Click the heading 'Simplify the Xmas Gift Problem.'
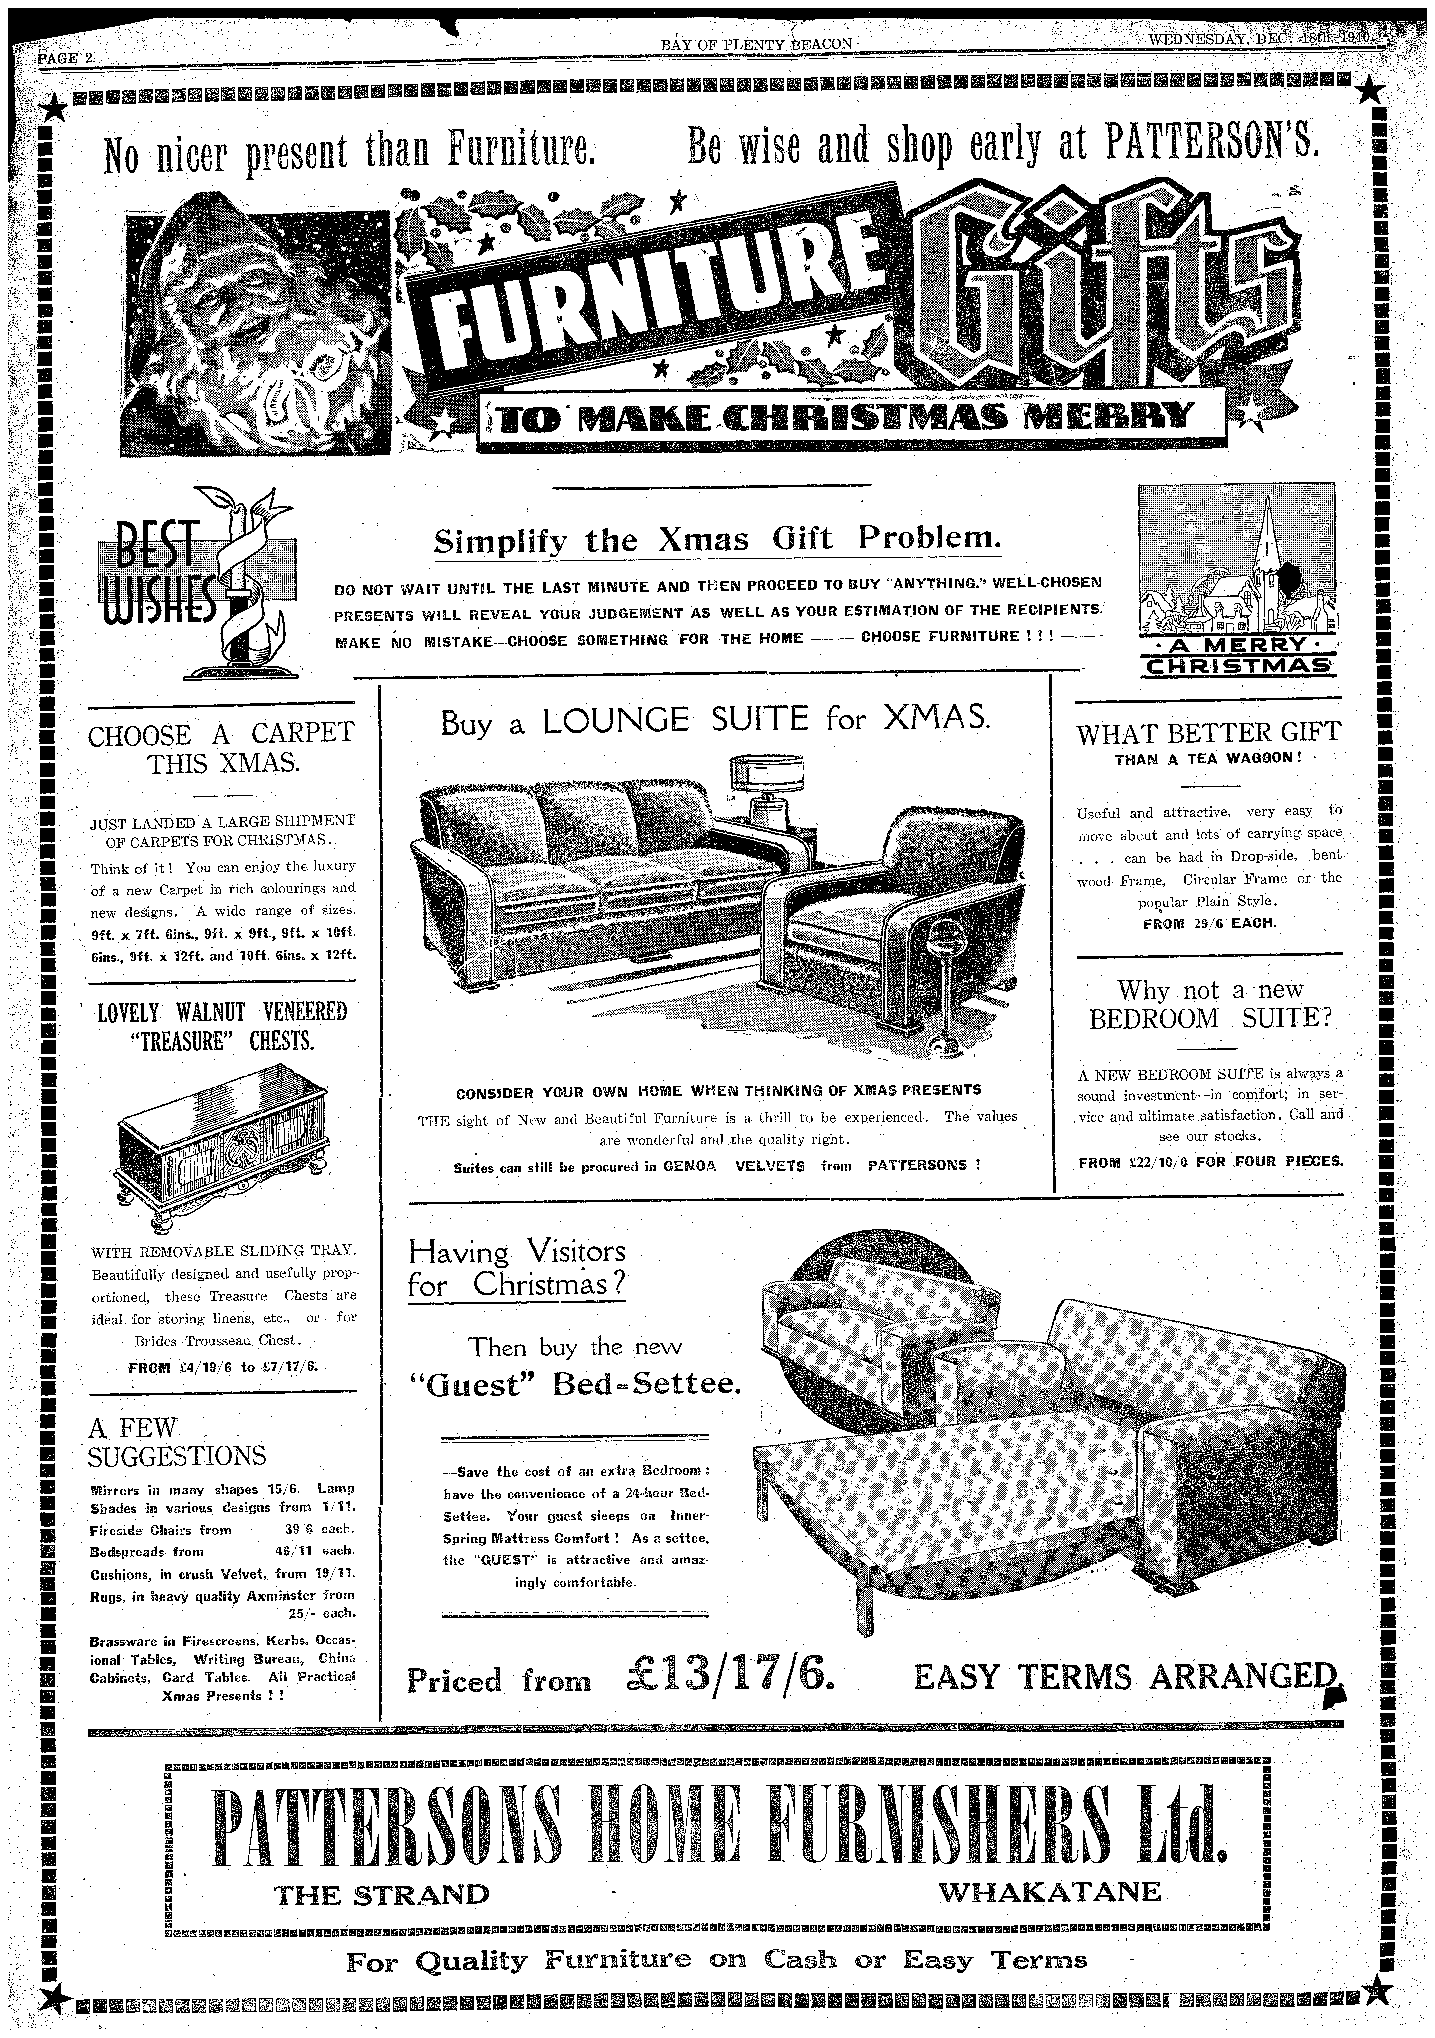click(717, 540)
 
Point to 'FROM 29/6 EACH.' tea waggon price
click(1209, 922)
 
